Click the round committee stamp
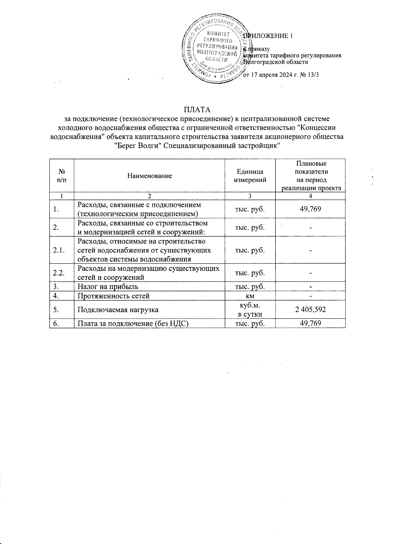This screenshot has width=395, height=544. [216, 49]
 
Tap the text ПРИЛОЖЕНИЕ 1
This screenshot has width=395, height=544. [268, 36]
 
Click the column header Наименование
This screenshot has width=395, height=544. [149, 176]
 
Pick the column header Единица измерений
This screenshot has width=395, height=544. [250, 176]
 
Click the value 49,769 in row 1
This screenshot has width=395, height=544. [310, 209]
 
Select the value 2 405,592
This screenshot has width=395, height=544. [310, 309]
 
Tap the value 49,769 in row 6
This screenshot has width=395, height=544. [310, 323]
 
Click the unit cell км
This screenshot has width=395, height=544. [250, 296]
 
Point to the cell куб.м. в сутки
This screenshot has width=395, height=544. [250, 309]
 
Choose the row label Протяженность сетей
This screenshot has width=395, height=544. [113, 296]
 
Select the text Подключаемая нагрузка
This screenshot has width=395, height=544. [118, 310]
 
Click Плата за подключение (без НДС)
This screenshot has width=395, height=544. [133, 324]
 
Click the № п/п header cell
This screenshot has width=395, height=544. [61, 176]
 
